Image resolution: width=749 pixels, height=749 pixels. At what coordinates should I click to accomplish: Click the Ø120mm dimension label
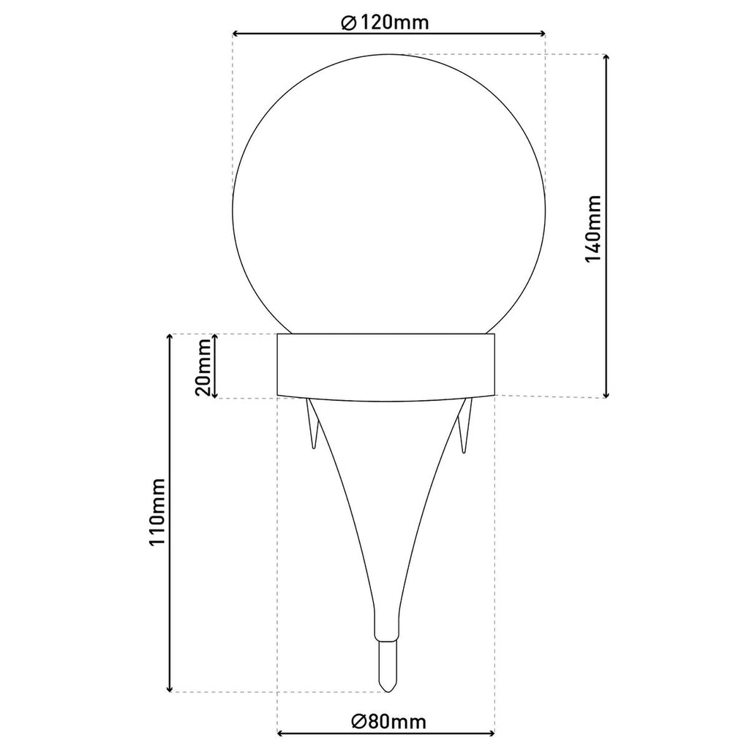[385, 22]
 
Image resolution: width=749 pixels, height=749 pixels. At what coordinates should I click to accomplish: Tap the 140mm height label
[592, 228]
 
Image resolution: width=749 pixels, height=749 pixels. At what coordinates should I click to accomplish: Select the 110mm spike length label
[157, 511]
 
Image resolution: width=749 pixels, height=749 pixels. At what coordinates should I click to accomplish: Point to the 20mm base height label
[203, 367]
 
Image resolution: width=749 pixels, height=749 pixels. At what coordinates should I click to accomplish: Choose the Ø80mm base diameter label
[388, 720]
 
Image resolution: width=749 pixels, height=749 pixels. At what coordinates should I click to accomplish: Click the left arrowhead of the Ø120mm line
[236, 34]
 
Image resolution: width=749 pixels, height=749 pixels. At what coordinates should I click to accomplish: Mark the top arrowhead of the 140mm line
[606, 59]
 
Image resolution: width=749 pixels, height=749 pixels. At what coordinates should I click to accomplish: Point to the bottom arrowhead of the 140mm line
[606, 394]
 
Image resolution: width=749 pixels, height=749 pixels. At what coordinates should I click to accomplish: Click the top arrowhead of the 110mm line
[169, 338]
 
